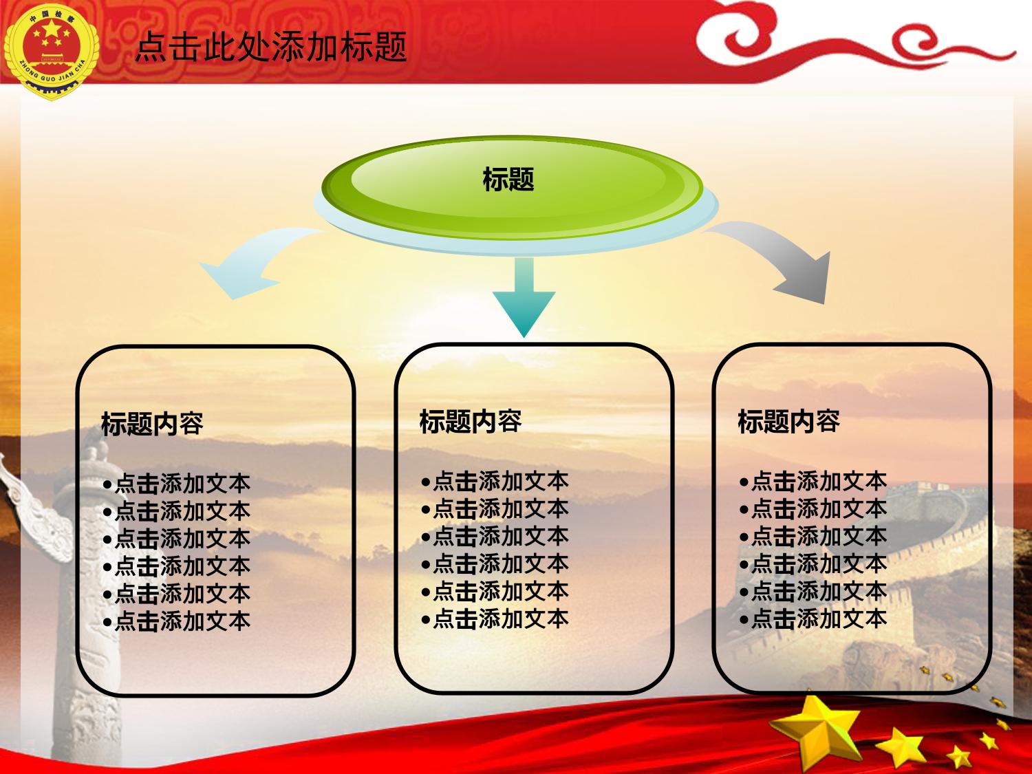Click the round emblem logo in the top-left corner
(x=51, y=51)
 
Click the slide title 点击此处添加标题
(x=271, y=47)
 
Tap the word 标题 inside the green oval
(x=508, y=179)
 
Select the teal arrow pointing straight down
(x=524, y=296)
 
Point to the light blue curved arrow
(x=254, y=264)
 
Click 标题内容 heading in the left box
(x=152, y=423)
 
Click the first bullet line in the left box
(x=177, y=484)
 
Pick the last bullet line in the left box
(x=177, y=621)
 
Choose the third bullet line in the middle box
(x=495, y=536)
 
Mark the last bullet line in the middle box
(x=495, y=619)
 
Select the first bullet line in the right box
(x=813, y=481)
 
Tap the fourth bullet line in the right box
(x=813, y=563)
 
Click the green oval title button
(x=513, y=187)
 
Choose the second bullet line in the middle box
(x=495, y=509)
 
